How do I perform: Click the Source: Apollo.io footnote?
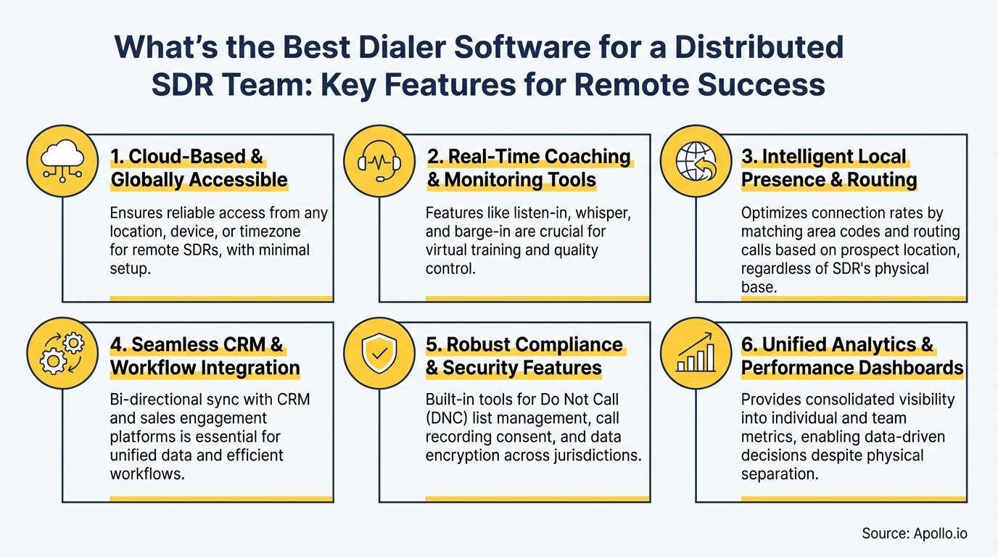pyautogui.click(x=914, y=534)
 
